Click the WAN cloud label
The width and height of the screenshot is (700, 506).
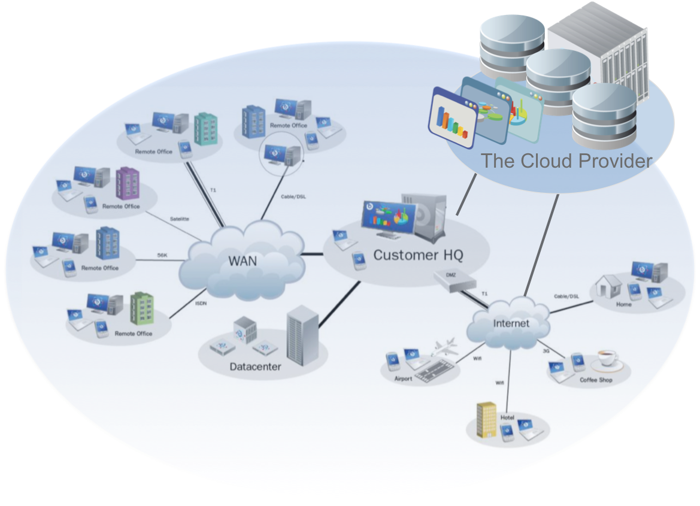point(243,261)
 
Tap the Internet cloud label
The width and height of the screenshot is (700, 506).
point(511,323)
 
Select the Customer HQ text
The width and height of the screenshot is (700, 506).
point(418,255)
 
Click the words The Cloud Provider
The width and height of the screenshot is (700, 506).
point(566,161)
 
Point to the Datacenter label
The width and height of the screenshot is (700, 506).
point(255,366)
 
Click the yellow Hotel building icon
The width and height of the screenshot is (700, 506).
point(486,420)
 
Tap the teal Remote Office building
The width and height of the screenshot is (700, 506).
point(205,128)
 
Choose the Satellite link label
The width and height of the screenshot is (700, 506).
point(179,219)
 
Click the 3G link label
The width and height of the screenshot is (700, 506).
point(546,351)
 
